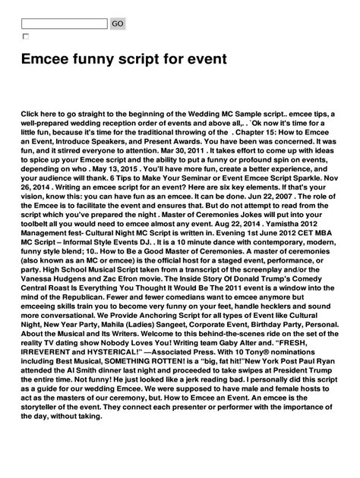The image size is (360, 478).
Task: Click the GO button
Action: (x=118, y=24)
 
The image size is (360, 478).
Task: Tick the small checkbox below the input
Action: (x=26, y=36)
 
